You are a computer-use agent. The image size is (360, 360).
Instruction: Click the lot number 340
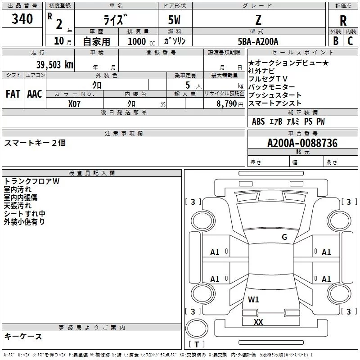coord(22,19)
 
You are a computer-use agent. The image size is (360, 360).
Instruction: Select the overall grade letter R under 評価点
coord(343,21)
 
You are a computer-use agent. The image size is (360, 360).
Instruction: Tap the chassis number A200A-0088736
coord(302,143)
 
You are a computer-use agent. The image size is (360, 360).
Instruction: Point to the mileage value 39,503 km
coord(55,65)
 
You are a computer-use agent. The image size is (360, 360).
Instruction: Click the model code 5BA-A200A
coord(258,41)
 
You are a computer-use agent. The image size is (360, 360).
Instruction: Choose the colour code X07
coord(74,104)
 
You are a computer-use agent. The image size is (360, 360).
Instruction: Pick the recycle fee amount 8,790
coord(226,104)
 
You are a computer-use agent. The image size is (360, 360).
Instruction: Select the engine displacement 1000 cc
coord(141,41)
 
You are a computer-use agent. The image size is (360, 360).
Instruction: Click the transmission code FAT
coord(13,94)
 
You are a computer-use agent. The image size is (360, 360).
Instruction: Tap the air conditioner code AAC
coord(35,94)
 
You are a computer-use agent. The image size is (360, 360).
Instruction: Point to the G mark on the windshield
coord(284,237)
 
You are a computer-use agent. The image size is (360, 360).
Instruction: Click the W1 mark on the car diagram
coord(253,300)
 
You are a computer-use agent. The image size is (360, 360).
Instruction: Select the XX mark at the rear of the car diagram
coord(258,322)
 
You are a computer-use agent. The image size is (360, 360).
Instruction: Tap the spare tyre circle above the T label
coord(197,328)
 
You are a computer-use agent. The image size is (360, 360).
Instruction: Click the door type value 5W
coord(174,20)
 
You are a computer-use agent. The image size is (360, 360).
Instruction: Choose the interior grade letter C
coord(350,41)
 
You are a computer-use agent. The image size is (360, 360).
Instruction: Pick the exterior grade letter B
coord(336,41)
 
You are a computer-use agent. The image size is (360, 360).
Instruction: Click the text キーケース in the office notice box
coord(23,336)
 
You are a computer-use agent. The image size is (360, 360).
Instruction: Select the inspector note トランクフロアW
coord(31,181)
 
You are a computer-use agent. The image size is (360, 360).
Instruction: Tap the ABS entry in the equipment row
coord(258,121)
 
